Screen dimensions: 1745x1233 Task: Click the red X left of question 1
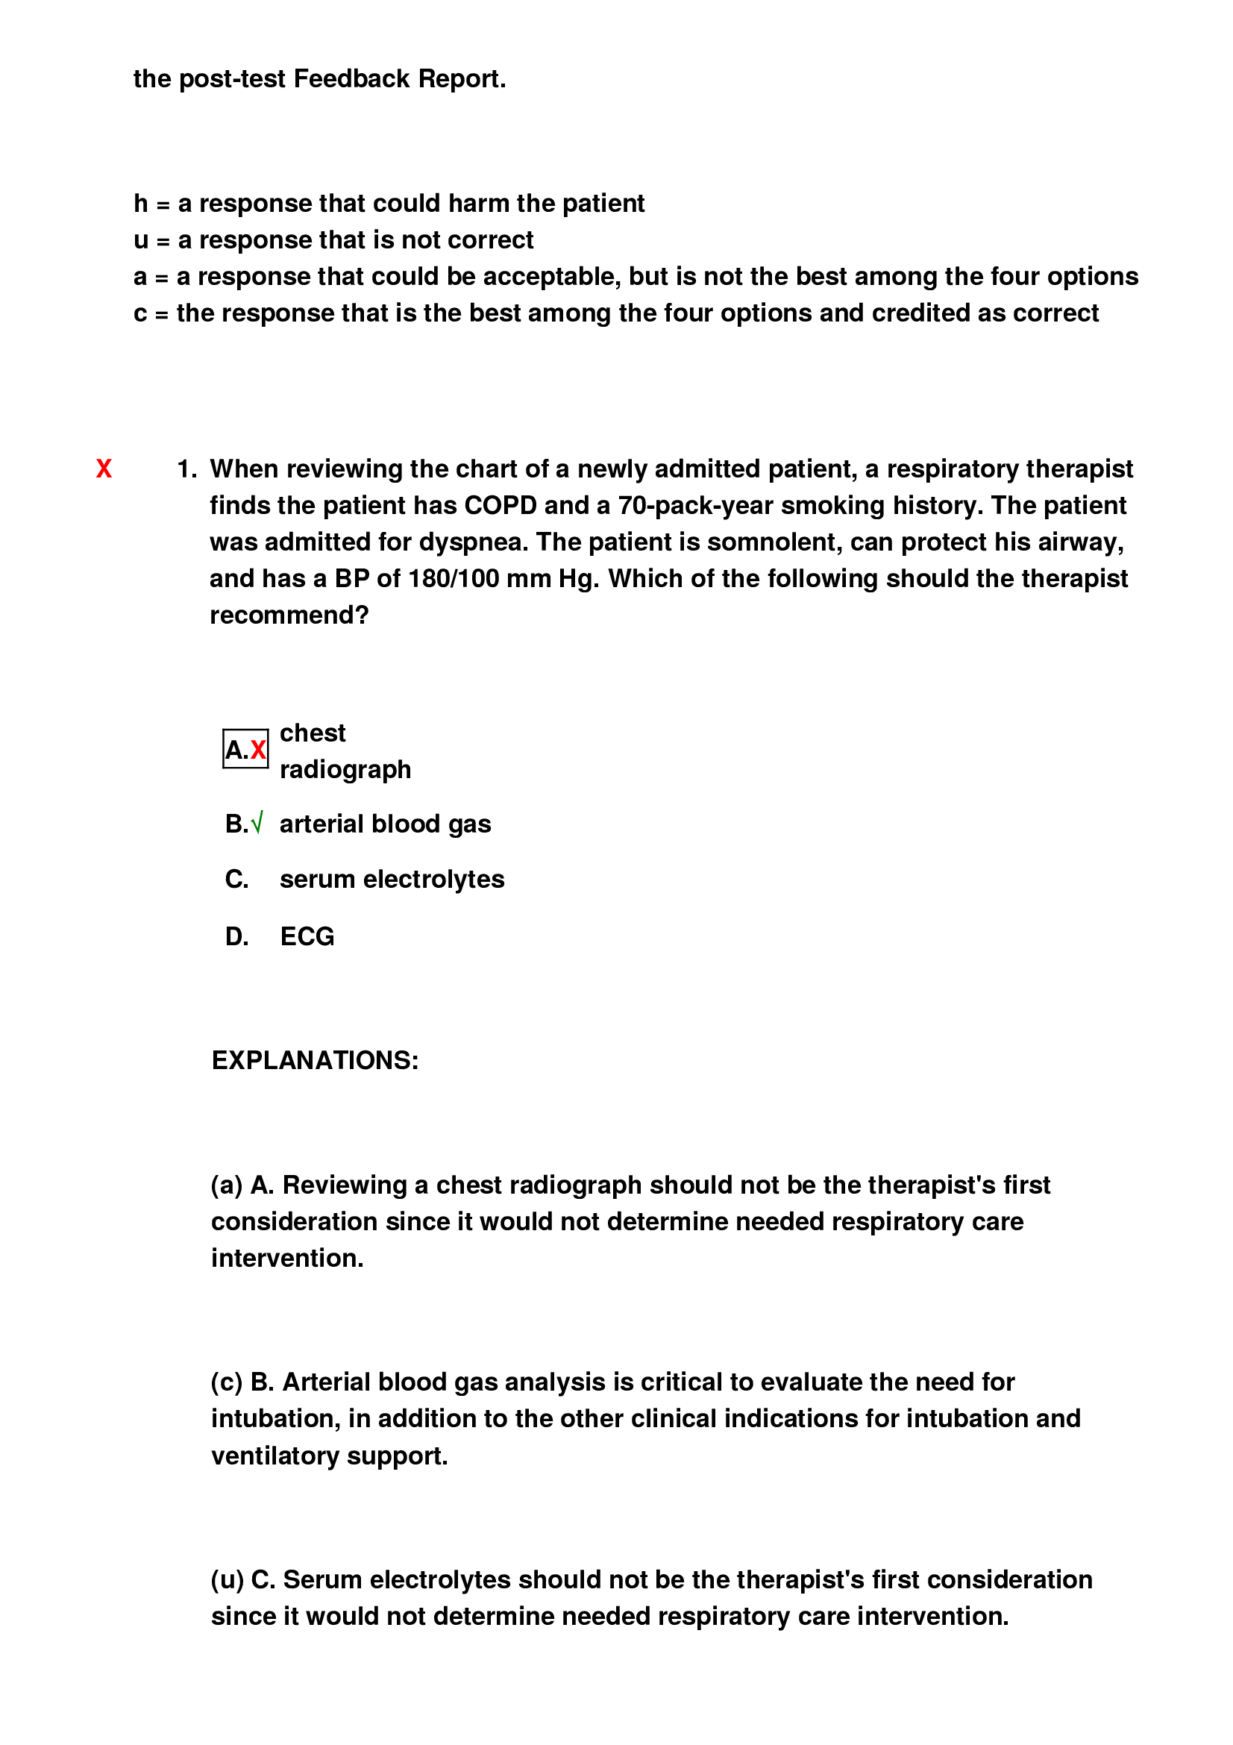[x=104, y=469]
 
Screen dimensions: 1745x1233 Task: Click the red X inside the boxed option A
[x=258, y=750]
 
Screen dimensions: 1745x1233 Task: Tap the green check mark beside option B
[x=257, y=823]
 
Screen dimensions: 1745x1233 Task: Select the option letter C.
[x=236, y=880]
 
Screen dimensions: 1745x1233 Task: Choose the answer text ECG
[x=307, y=936]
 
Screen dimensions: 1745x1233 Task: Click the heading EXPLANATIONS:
[x=315, y=1060]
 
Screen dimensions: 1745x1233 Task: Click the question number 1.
[x=186, y=469]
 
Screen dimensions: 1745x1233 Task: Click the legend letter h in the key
[x=140, y=204]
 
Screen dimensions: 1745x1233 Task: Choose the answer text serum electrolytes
[x=392, y=880]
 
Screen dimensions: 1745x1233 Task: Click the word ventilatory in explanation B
[x=275, y=1456]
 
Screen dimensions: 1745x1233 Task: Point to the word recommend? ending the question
[x=289, y=615]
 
